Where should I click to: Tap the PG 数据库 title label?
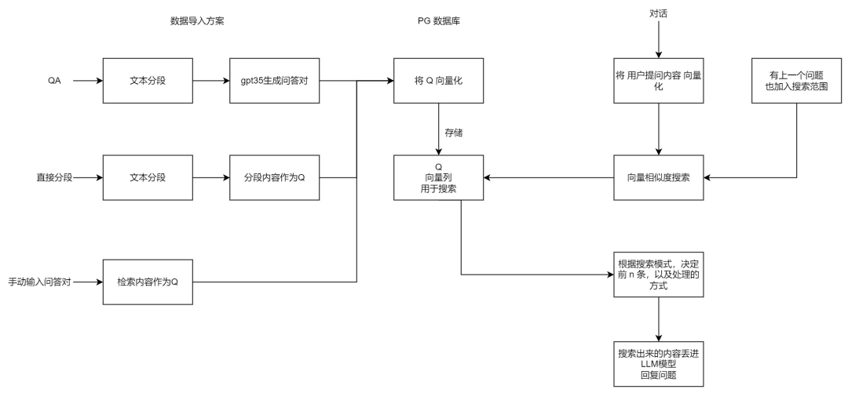[439, 21]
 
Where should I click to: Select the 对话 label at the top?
[659, 13]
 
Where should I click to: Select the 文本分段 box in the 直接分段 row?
[148, 178]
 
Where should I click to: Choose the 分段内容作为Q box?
[274, 178]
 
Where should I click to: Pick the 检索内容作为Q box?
[148, 282]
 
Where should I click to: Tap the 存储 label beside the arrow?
[454, 133]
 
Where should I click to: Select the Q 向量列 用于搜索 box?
[439, 178]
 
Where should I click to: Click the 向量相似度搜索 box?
[658, 178]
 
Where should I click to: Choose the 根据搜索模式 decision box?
[658, 275]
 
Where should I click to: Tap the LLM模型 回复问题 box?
[658, 364]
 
